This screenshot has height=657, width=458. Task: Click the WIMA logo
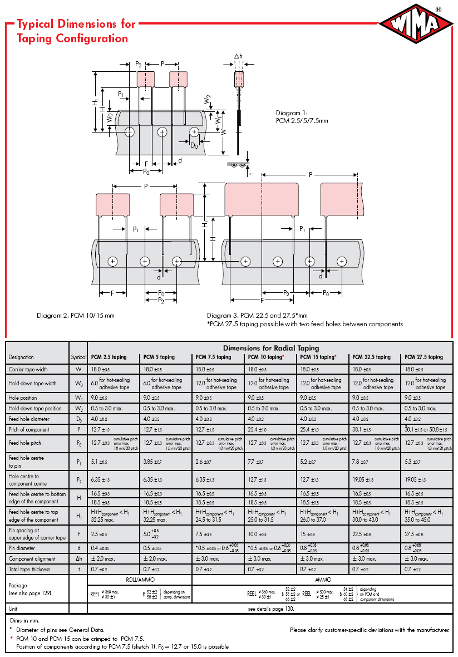(416, 25)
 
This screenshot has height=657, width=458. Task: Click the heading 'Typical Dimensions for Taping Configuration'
(76, 31)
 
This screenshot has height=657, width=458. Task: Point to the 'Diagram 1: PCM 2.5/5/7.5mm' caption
(302, 116)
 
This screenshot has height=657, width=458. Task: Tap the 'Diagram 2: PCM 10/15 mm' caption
(76, 316)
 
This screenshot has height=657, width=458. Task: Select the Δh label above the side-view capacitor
(238, 57)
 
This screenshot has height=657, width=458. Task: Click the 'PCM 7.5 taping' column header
(213, 357)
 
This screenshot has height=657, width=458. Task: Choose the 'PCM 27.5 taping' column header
(423, 357)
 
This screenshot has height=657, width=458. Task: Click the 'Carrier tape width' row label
(28, 369)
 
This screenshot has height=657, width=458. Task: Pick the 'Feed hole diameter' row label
(29, 419)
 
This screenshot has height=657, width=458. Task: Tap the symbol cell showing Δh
(78, 558)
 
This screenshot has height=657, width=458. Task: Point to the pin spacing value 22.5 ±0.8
(362, 534)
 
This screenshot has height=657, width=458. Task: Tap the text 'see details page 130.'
(270, 609)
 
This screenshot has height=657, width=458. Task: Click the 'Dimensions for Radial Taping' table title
(271, 348)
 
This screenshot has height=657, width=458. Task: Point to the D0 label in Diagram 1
(194, 145)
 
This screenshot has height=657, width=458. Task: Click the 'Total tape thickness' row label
(30, 569)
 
